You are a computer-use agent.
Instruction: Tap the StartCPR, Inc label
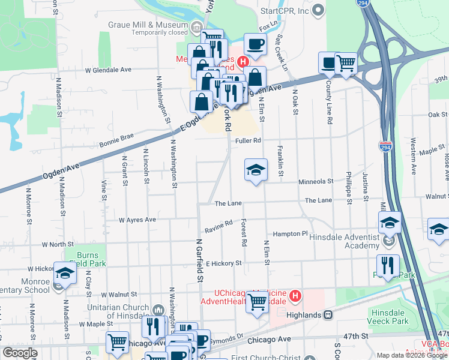285,11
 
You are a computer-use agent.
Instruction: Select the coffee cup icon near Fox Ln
255,44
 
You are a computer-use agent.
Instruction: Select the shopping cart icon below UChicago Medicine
258,302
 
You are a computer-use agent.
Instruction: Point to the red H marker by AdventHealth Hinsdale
295,295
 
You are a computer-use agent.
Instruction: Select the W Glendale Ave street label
108,70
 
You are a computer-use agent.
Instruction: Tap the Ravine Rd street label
218,224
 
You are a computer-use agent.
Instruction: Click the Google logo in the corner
20,352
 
